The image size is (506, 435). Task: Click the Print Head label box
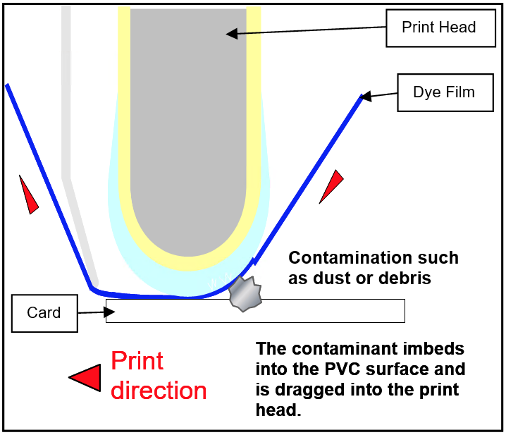[438, 28]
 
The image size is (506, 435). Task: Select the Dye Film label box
[444, 92]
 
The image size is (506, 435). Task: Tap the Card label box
[44, 313]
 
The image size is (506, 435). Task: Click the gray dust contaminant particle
[246, 295]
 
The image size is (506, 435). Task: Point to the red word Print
[137, 361]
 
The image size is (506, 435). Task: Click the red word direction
[159, 390]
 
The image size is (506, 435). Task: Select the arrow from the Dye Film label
[381, 94]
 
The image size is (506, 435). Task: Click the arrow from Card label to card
[91, 312]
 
